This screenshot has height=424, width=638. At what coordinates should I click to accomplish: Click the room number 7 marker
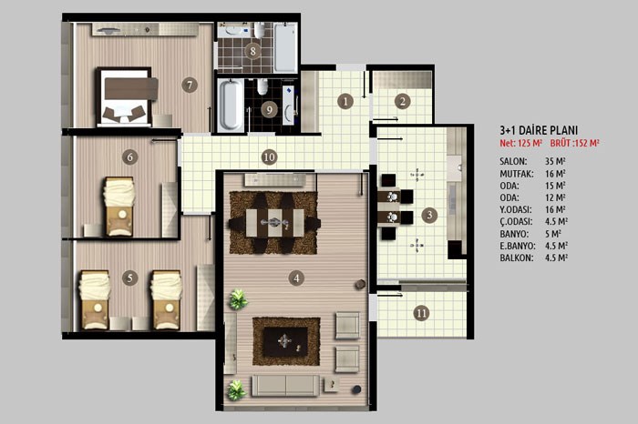(190, 85)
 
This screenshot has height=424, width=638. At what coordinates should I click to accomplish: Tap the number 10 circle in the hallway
(270, 157)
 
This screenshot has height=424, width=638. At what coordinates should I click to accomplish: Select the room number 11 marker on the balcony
(421, 313)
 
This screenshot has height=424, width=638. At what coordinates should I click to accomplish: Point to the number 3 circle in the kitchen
(429, 215)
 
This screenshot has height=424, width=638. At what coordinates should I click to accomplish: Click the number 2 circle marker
(403, 101)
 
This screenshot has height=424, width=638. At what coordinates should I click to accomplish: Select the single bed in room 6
(119, 206)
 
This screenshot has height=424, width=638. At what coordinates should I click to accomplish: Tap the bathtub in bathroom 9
(231, 105)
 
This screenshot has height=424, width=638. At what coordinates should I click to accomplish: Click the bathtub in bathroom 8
(285, 47)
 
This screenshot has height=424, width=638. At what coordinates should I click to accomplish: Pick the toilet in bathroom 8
(260, 30)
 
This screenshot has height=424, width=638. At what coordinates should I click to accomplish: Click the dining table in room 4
(275, 223)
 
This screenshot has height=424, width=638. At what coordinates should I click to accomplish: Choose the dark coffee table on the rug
(285, 341)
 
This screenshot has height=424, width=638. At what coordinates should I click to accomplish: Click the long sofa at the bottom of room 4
(285, 385)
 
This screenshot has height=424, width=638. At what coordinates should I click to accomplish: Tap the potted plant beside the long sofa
(236, 390)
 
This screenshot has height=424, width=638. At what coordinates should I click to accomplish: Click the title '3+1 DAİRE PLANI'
(539, 130)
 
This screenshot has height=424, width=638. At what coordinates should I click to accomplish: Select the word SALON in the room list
(513, 161)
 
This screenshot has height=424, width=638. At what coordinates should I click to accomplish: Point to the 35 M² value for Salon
(555, 161)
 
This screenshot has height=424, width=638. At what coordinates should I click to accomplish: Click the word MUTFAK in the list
(517, 174)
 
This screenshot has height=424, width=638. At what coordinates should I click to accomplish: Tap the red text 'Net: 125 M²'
(520, 144)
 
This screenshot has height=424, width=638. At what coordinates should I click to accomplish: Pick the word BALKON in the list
(517, 257)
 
